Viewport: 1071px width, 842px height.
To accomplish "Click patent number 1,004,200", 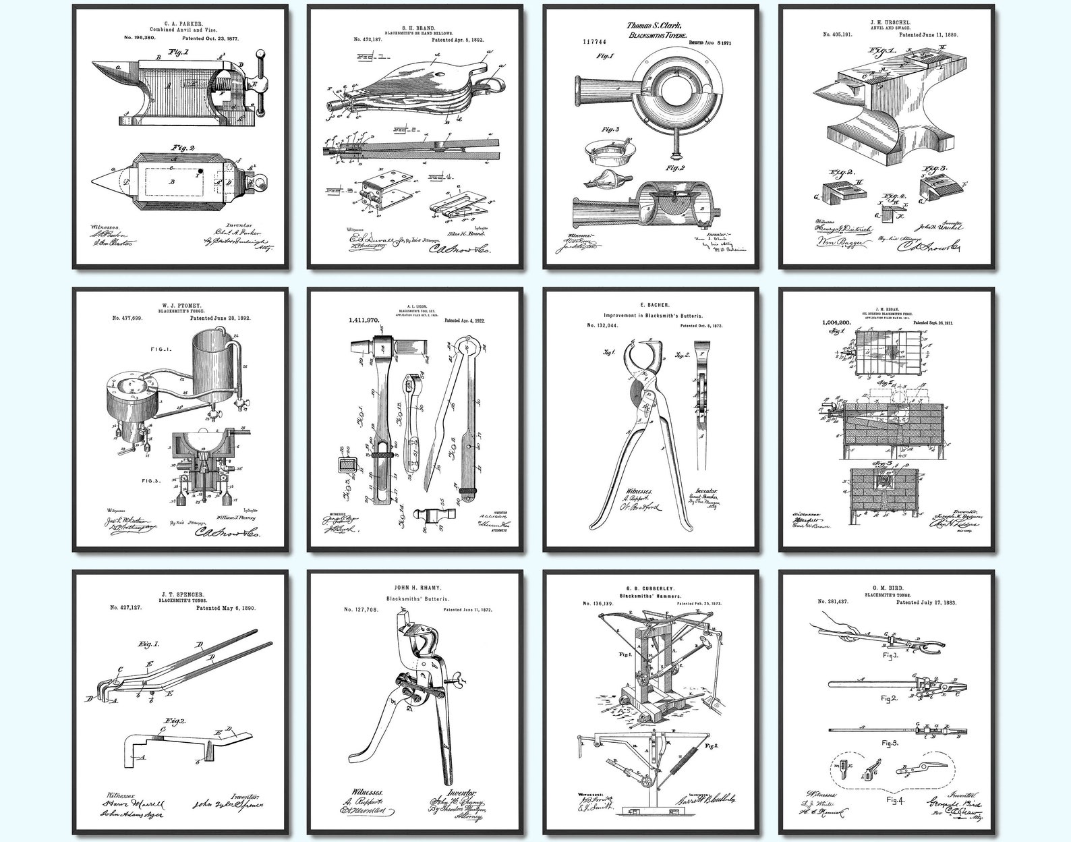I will click(838, 323).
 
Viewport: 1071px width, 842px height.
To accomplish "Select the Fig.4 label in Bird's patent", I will click(894, 801).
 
